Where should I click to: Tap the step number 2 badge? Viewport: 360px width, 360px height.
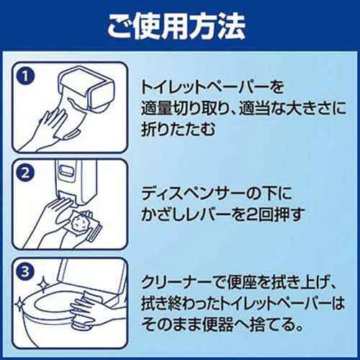27,174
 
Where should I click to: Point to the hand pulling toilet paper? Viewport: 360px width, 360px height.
52,119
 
